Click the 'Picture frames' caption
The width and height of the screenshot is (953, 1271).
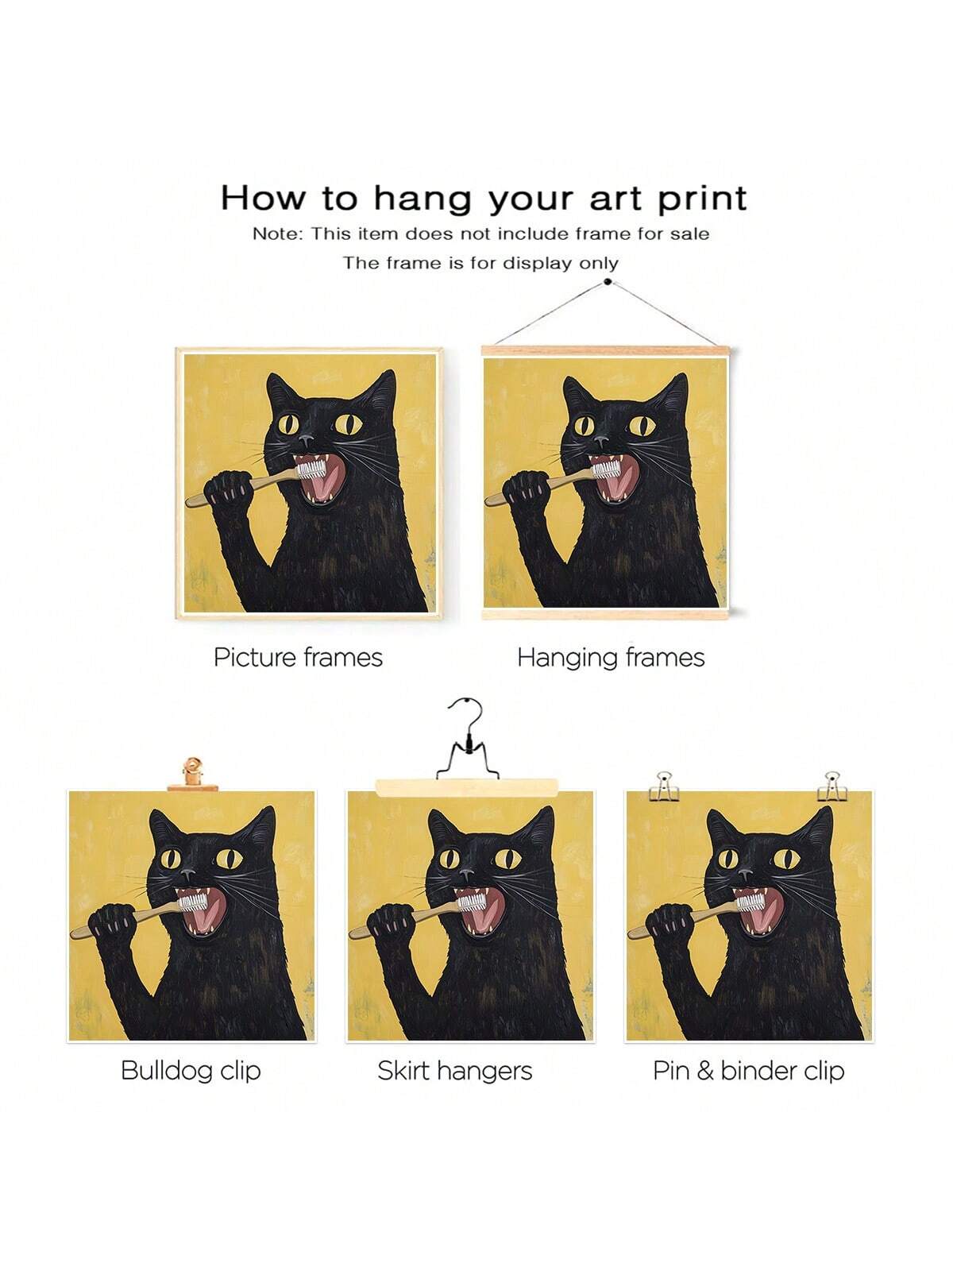pyautogui.click(x=298, y=658)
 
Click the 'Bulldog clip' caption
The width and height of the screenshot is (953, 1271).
pyautogui.click(x=191, y=1071)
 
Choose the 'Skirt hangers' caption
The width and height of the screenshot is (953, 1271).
pyautogui.click(x=455, y=1071)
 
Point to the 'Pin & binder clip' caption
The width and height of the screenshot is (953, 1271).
pyautogui.click(x=749, y=1071)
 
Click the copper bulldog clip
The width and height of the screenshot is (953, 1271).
pyautogui.click(x=193, y=775)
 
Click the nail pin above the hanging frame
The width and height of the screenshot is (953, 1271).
pyautogui.click(x=608, y=282)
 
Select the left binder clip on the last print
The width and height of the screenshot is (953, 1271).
pyautogui.click(x=664, y=786)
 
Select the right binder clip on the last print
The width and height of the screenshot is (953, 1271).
pyautogui.click(x=832, y=786)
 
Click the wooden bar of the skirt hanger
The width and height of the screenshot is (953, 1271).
pyautogui.click(x=467, y=787)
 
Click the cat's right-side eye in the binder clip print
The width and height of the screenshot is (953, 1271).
pyautogui.click(x=787, y=859)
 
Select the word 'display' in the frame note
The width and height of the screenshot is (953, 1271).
pyautogui.click(x=536, y=264)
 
